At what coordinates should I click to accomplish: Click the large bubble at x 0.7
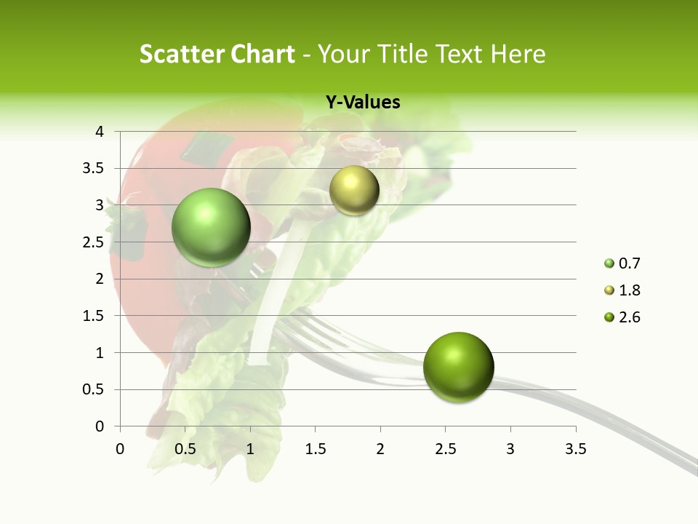[x=211, y=227]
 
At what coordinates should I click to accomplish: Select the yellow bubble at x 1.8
[x=354, y=190]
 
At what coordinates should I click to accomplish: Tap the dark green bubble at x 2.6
[x=458, y=367]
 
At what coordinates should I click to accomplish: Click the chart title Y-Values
[x=362, y=103]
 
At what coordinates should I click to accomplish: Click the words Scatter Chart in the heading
[x=217, y=54]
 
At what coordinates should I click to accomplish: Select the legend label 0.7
[x=629, y=263]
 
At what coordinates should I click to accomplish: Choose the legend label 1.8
[x=629, y=290]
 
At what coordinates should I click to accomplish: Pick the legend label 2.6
[x=629, y=317]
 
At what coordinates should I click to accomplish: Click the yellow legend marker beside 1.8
[x=609, y=290]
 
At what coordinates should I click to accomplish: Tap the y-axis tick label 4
[x=100, y=132]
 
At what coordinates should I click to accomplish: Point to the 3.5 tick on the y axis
[x=95, y=169]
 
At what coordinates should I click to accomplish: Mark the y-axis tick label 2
[x=100, y=279]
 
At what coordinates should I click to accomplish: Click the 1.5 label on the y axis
[x=95, y=316]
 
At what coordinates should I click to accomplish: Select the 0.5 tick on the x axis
[x=185, y=448]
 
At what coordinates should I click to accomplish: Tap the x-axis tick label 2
[x=380, y=448]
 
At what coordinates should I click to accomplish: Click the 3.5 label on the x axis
[x=575, y=448]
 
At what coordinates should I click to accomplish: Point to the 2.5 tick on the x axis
[x=445, y=448]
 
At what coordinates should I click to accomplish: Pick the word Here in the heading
[x=517, y=54]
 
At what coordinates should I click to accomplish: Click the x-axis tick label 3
[x=510, y=448]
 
